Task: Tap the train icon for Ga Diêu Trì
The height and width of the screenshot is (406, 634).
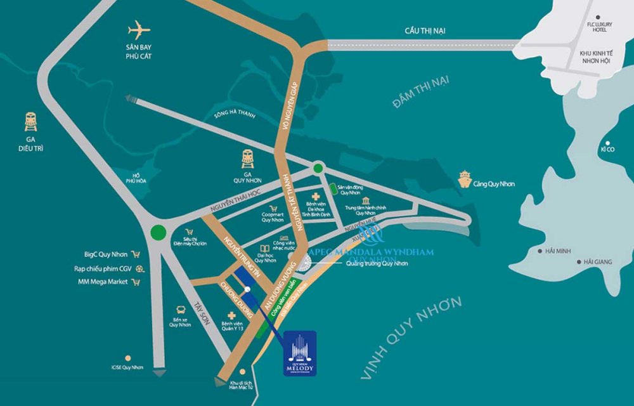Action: [x=30, y=121]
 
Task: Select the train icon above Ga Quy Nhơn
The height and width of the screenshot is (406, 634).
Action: [x=248, y=159]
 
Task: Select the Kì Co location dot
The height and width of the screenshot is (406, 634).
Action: [x=607, y=143]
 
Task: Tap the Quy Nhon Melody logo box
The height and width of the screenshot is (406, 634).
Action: [x=300, y=353]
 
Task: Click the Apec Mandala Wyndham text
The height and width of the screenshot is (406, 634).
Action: [x=371, y=252]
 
